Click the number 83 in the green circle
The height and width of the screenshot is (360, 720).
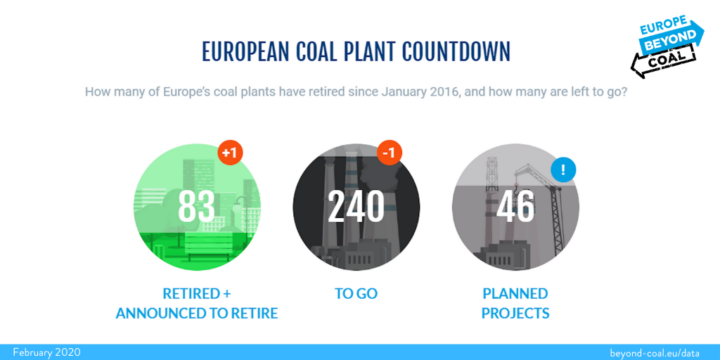pyautogui.click(x=197, y=207)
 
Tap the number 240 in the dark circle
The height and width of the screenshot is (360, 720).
pyautogui.click(x=356, y=207)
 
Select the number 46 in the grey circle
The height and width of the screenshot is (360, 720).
pyautogui.click(x=515, y=207)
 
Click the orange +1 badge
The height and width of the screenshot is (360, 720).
pyautogui.click(x=230, y=153)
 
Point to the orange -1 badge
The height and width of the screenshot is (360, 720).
pyautogui.click(x=390, y=153)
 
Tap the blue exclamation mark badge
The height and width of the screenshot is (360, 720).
pyautogui.click(x=563, y=170)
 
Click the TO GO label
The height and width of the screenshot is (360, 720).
pyautogui.click(x=356, y=294)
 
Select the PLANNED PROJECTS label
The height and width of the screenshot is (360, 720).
pyautogui.click(x=515, y=304)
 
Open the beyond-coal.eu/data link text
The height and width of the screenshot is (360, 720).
pyautogui.click(x=655, y=353)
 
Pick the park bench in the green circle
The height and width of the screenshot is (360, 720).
pyautogui.click(x=208, y=245)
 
